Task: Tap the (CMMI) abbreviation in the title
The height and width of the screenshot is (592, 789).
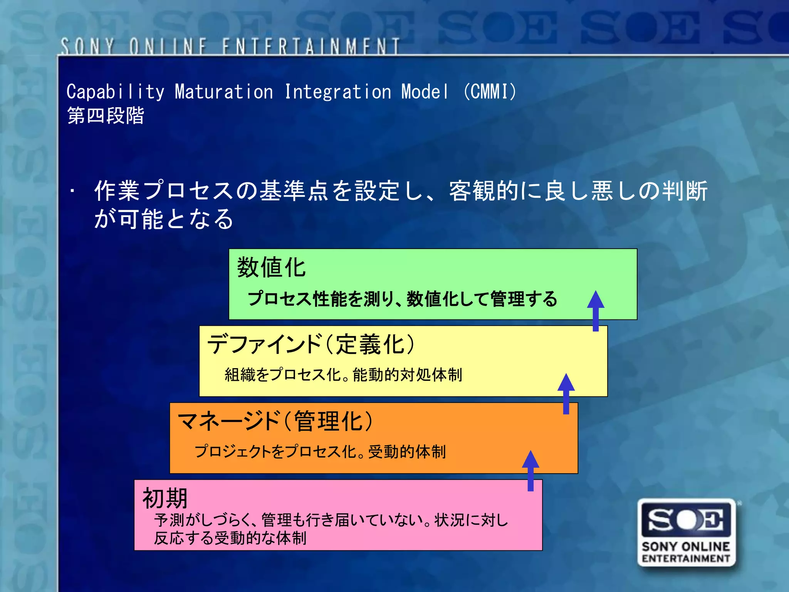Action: coord(489,92)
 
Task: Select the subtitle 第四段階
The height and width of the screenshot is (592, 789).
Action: coord(106,116)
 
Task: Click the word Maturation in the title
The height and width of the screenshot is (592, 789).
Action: coord(224,92)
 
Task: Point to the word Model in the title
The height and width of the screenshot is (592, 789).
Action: coord(425,92)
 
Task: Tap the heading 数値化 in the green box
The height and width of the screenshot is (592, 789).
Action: coord(271,267)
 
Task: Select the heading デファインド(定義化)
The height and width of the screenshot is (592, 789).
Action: coord(311,344)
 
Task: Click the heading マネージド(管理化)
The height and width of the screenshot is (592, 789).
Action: coord(275,421)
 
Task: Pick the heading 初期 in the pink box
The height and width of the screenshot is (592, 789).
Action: coord(165,498)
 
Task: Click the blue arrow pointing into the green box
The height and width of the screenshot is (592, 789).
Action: coord(596,310)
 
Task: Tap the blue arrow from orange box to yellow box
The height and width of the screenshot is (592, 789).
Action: coord(566,393)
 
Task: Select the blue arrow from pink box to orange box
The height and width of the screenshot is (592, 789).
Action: coord(530,470)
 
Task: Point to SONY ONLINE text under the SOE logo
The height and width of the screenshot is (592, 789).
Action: coord(686,547)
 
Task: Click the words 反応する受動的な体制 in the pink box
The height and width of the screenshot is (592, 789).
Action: coord(230,538)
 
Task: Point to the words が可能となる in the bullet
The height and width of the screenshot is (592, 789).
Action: coord(164,219)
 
